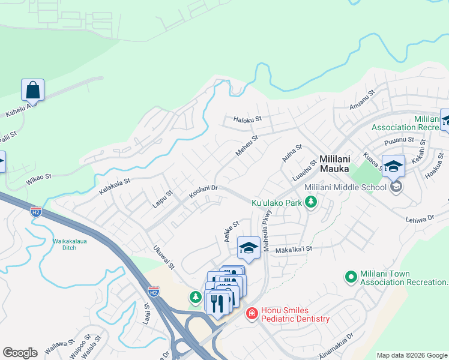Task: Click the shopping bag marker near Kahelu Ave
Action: [32, 91]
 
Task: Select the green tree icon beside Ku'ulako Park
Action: [310, 203]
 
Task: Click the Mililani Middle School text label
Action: [345, 188]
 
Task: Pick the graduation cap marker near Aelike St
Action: [249, 247]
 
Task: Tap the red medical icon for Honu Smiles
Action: [252, 314]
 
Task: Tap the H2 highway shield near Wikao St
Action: [36, 211]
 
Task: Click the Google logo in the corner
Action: [20, 353]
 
